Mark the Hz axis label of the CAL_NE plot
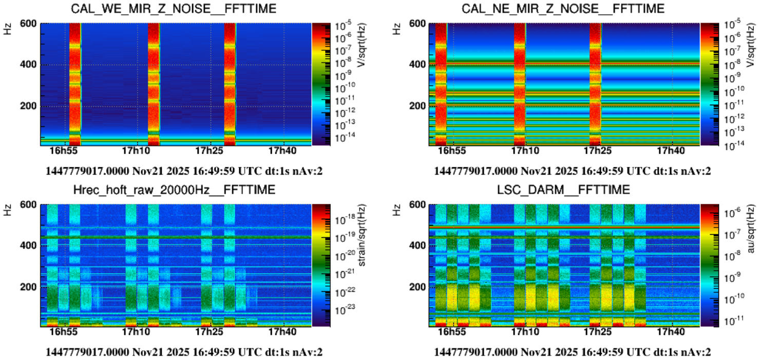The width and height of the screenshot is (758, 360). (396, 28)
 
